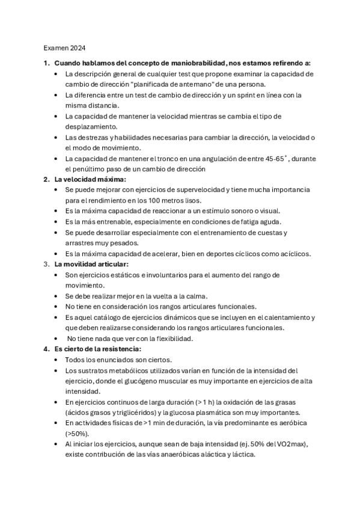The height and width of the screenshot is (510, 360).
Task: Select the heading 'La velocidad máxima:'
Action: (x=90, y=179)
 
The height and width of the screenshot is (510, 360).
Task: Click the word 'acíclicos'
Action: (x=291, y=253)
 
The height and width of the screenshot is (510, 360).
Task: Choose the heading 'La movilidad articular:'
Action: (x=91, y=263)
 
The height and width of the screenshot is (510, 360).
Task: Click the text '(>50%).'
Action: (x=78, y=434)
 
